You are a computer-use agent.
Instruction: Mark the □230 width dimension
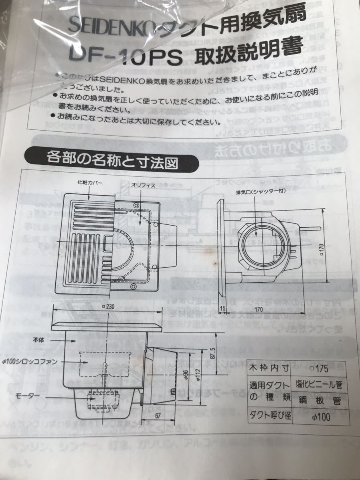point(107,307)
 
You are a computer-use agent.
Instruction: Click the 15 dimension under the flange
point(223,309)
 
